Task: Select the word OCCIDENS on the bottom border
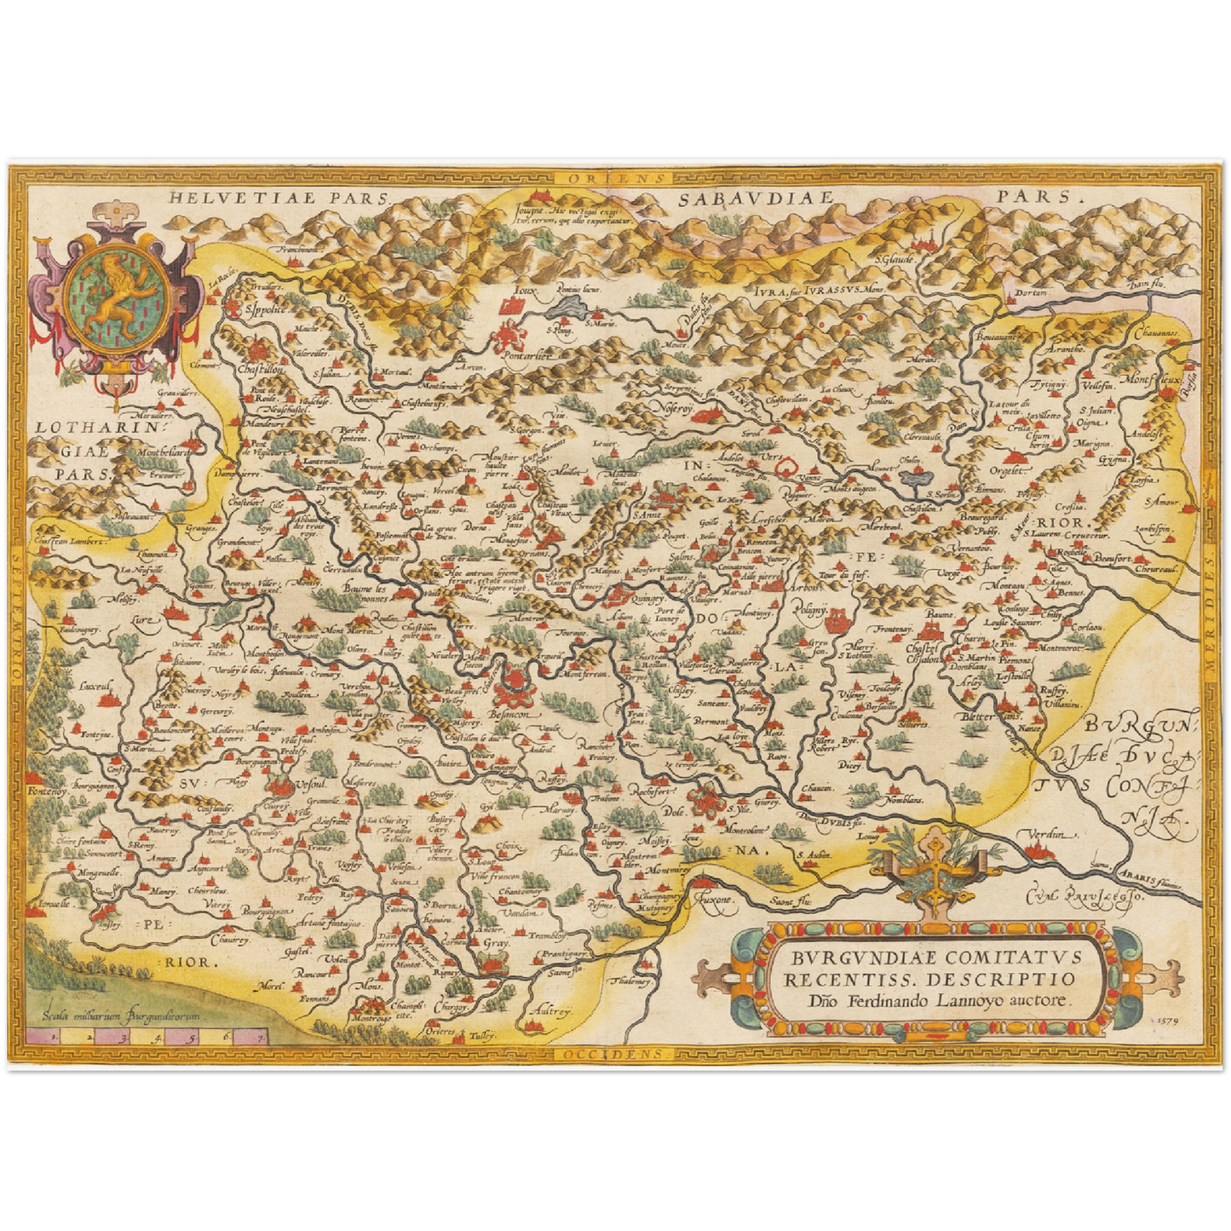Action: pos(616,1053)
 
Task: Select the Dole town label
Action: pos(672,812)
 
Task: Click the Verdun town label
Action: pos(1047,834)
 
